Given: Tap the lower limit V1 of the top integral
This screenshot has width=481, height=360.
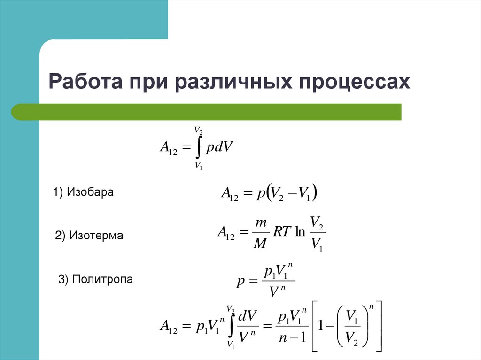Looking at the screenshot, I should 198,165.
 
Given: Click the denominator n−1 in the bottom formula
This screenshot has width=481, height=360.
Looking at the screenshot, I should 291,337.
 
